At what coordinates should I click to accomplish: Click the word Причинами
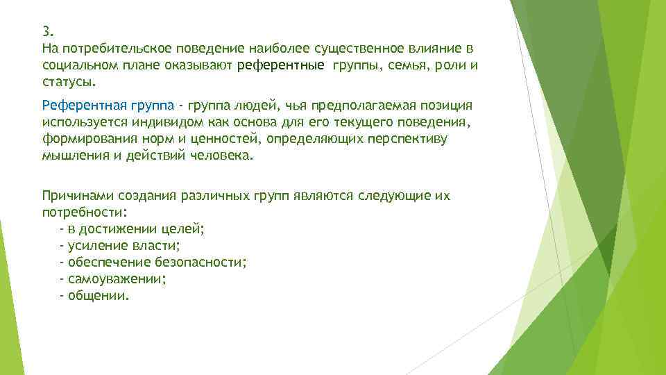click(x=76, y=196)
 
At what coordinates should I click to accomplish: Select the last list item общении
click(x=98, y=295)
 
